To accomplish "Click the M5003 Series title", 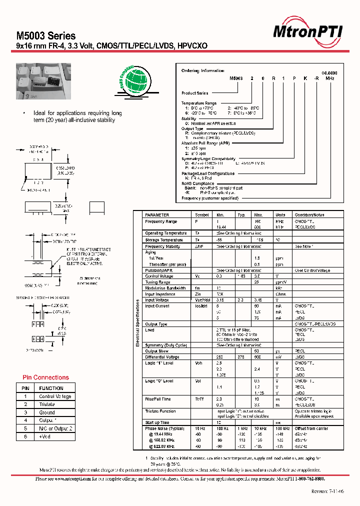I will [x=46, y=36].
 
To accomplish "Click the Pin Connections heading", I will [x=46, y=377].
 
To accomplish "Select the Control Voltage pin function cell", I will [x=55, y=396].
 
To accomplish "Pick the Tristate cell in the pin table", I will [x=47, y=404].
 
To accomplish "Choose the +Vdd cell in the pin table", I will [x=45, y=436].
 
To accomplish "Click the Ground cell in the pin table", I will [x=47, y=412].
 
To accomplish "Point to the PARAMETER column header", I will [x=157, y=215].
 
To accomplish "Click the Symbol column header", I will [x=202, y=215].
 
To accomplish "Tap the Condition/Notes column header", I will [x=309, y=215].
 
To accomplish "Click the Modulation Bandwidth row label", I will [x=165, y=288].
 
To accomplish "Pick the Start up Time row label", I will [x=156, y=423].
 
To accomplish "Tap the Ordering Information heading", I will [x=202, y=71].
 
